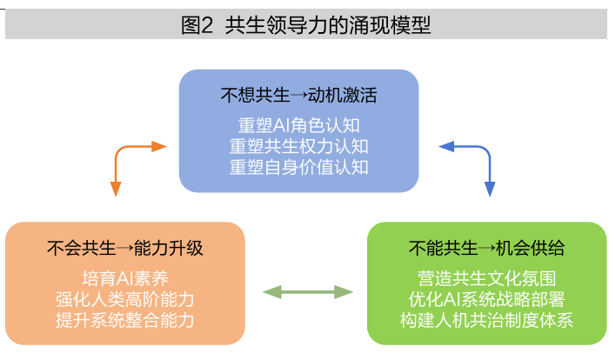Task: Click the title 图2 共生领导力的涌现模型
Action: pos(305,25)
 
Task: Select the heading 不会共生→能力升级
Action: pos(125,248)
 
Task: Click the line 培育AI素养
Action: pos(125,279)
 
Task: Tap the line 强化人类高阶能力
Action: pos(125,299)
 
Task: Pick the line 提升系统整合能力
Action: pos(125,319)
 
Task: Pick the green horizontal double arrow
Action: pos(308,292)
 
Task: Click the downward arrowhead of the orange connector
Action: pos(115,189)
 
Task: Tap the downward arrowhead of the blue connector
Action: pos(489,189)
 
